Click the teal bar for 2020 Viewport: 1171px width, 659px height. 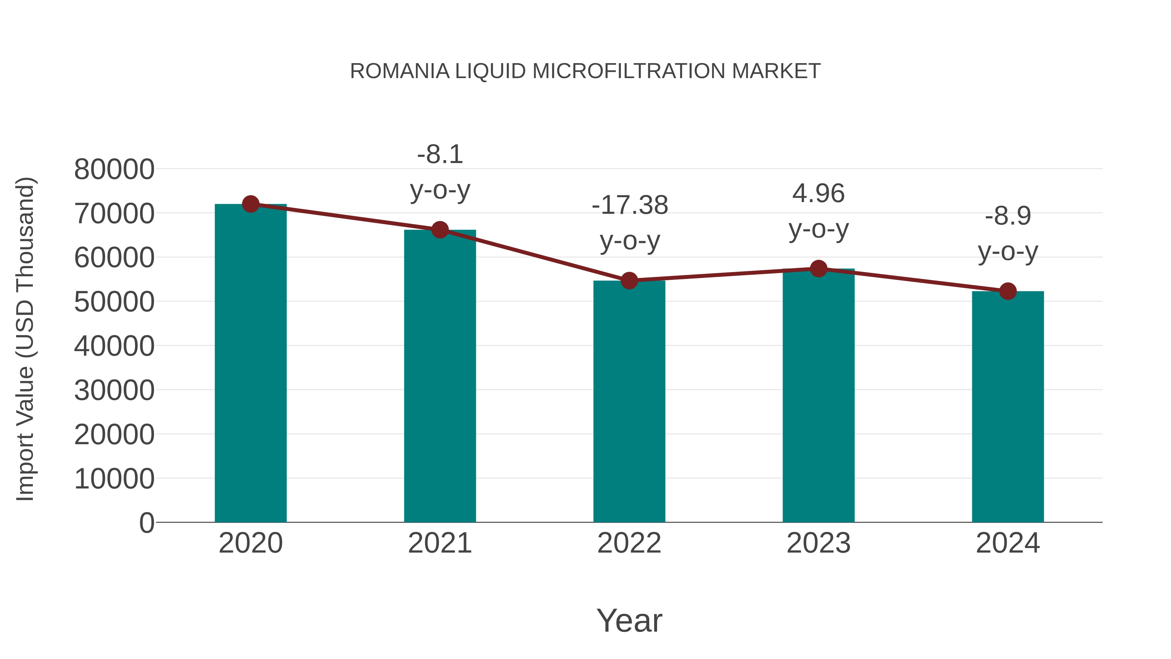click(250, 364)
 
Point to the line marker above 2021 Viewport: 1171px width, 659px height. click(439, 230)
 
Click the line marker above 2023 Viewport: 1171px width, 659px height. click(818, 269)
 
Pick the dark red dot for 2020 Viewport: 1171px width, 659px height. click(250, 204)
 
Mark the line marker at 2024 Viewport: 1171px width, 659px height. click(1008, 291)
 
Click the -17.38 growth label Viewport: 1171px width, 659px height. click(630, 205)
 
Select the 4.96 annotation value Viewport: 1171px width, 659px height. click(818, 193)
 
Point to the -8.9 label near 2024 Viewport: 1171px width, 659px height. click(1008, 216)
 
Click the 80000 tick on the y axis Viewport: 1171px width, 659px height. click(114, 170)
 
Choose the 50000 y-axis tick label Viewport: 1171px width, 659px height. click(114, 302)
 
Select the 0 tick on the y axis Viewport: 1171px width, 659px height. click(146, 523)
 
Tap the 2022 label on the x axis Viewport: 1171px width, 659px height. click(629, 543)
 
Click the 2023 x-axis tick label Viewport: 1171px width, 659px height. click(818, 543)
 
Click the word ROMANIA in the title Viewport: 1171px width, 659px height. click(399, 71)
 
